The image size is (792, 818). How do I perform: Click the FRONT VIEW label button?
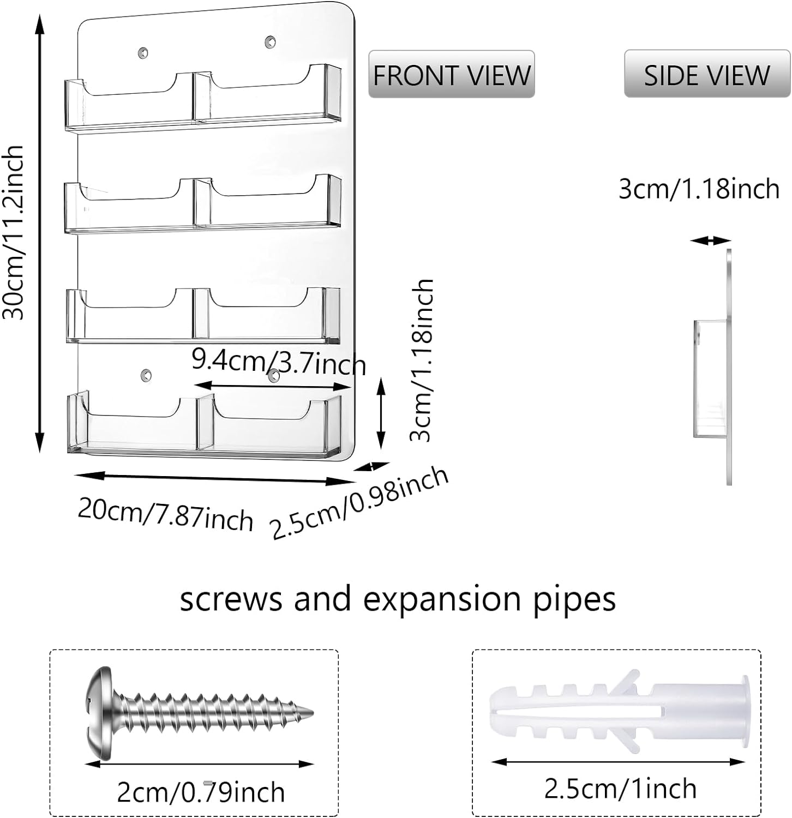(x=451, y=74)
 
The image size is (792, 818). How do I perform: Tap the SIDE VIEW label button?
(x=706, y=74)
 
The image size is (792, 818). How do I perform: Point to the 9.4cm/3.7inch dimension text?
(x=278, y=362)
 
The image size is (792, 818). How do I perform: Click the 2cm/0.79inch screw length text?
(x=201, y=792)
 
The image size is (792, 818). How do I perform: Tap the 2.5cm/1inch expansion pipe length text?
(x=620, y=788)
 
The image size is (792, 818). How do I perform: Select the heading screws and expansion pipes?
(x=398, y=599)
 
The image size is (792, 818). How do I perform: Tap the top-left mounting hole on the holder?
(x=143, y=52)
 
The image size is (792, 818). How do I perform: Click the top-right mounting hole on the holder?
(x=270, y=41)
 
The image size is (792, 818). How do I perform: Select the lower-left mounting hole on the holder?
(x=145, y=375)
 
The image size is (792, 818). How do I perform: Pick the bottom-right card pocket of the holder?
(x=270, y=425)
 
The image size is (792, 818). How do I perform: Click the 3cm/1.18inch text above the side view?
(x=699, y=189)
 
